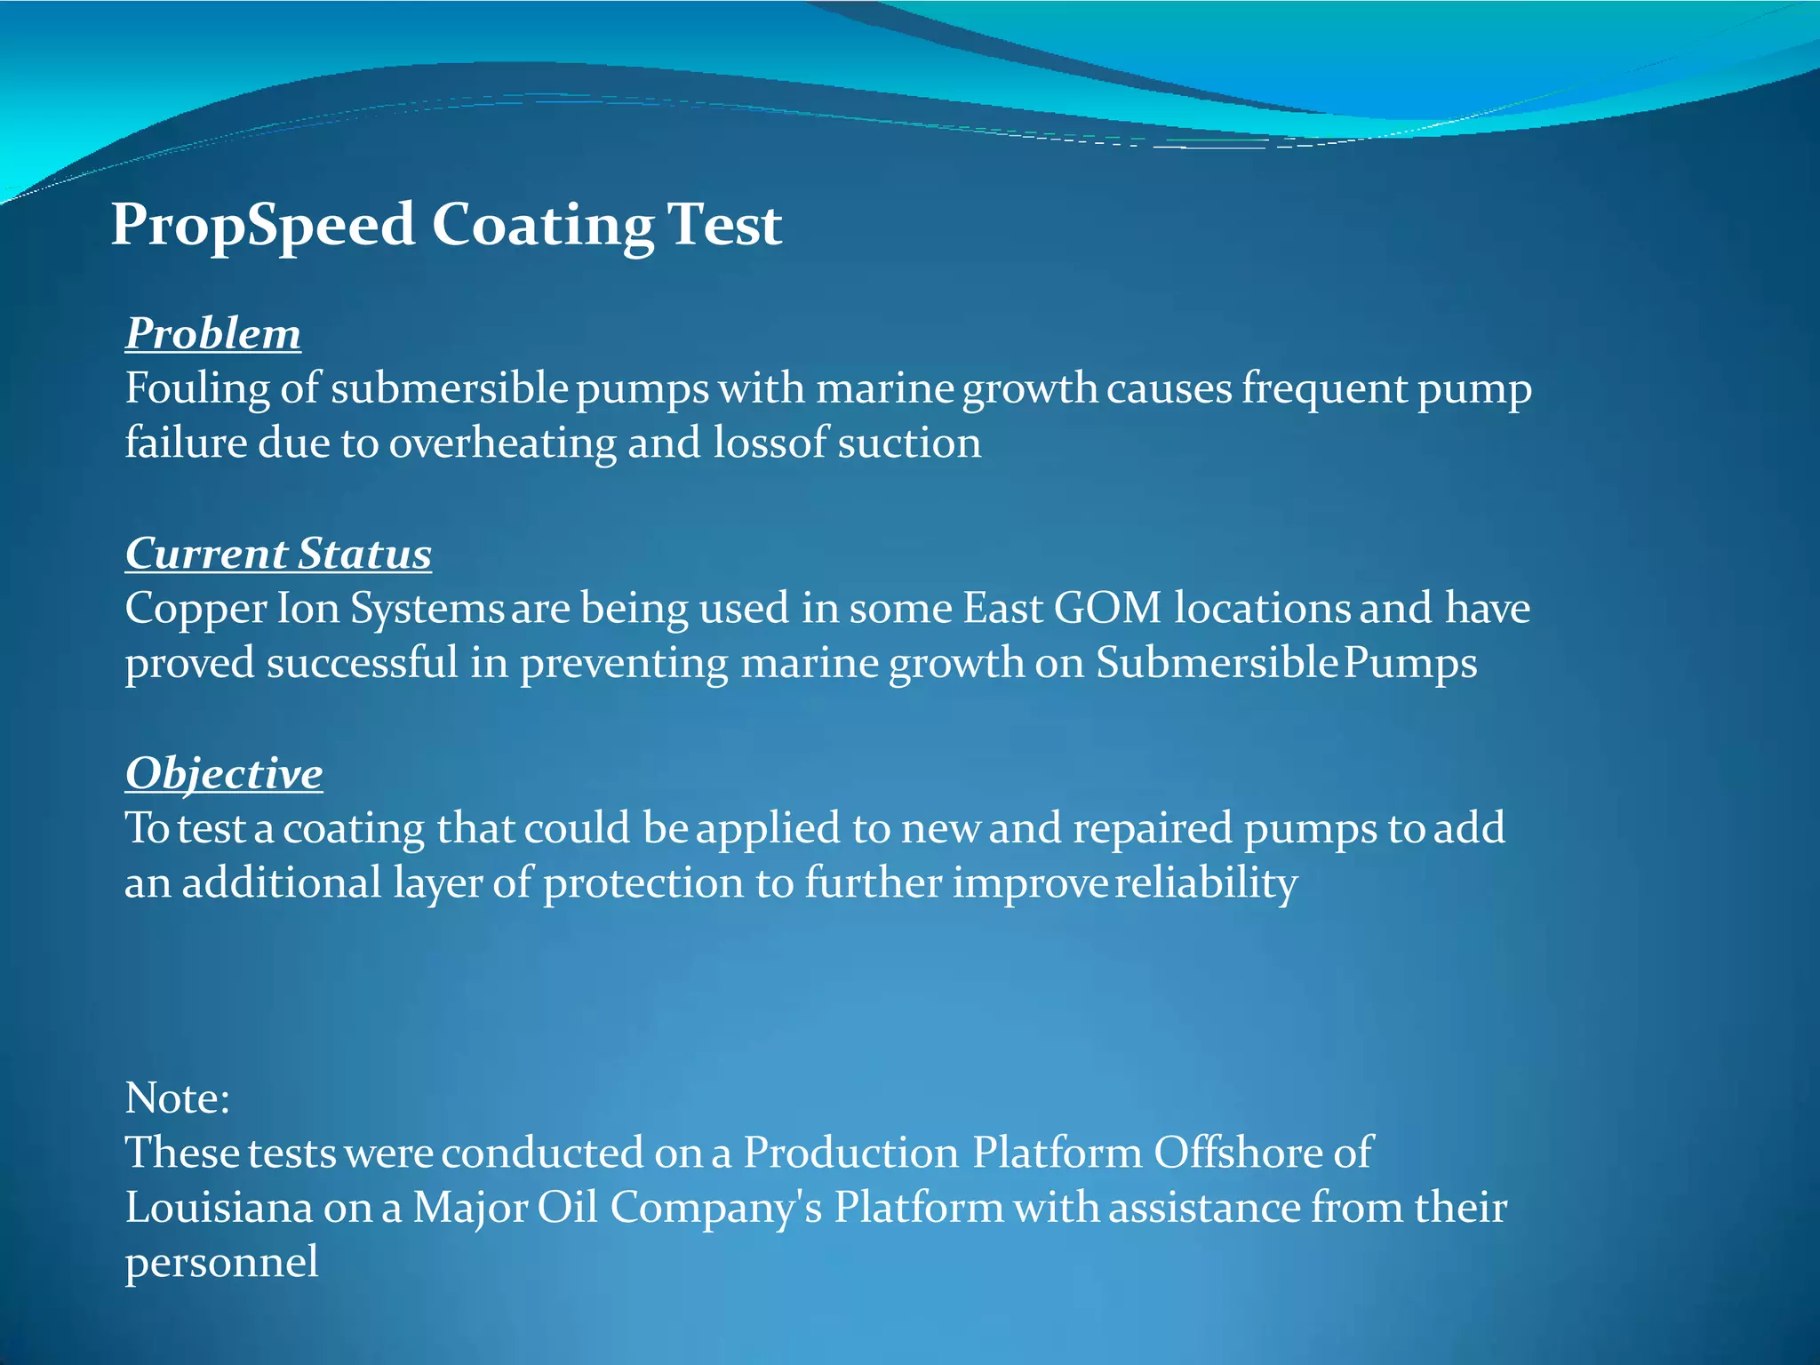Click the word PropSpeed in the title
(x=263, y=226)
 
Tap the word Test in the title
(x=724, y=224)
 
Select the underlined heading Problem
(x=213, y=335)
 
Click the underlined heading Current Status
(x=278, y=555)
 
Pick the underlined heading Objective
(x=224, y=774)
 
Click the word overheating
(x=502, y=443)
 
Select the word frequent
(x=1323, y=390)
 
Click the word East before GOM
(x=1002, y=610)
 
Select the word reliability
(x=1206, y=884)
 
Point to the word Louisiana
(x=219, y=1209)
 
